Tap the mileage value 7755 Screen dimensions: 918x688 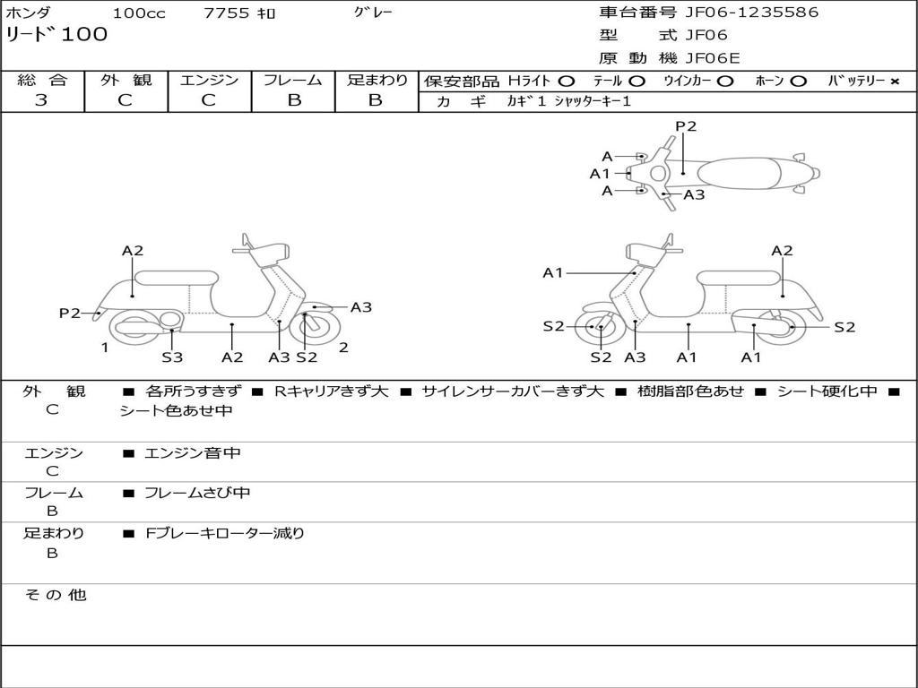pos(228,13)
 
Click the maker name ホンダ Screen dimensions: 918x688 pos(28,13)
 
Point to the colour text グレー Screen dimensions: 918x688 pos(373,13)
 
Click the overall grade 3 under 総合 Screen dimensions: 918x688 pos(41,100)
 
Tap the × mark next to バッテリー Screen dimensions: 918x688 pos(894,82)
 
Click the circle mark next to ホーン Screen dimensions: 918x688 pos(798,82)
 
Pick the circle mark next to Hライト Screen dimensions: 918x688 pos(566,82)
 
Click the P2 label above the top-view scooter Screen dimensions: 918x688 pos(686,126)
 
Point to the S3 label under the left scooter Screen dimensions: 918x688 pos(172,357)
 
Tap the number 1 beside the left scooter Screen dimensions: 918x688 pos(105,348)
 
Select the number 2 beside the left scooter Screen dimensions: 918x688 pos(343,348)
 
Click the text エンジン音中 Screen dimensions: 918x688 pos(193,453)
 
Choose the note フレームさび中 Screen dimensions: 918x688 pos(197,493)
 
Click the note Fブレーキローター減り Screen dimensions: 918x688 pos(225,533)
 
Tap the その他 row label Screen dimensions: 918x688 pos(56,595)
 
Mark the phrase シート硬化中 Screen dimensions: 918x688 pos(827,391)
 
